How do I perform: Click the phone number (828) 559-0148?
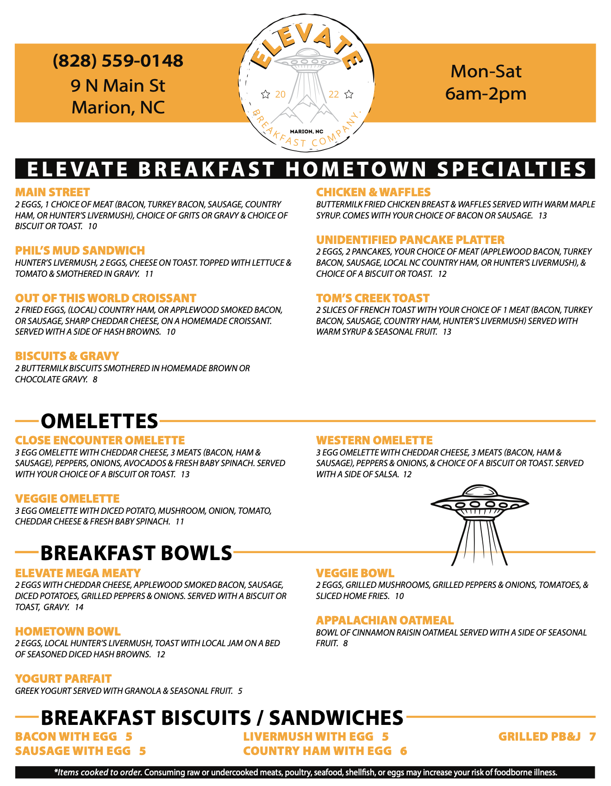tap(118, 61)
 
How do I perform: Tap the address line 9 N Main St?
tap(118, 86)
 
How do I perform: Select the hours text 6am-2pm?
tap(486, 94)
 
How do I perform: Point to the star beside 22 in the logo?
tap(349, 94)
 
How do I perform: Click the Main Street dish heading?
tap(52, 192)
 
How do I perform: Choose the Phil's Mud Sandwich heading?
tap(80, 250)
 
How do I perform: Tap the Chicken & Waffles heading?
tap(373, 192)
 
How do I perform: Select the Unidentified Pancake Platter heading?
tap(410, 240)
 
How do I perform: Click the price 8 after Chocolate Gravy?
tap(95, 380)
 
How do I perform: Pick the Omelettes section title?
tap(100, 421)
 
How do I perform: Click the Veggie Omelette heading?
tap(67, 499)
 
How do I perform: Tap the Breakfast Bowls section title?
tap(136, 553)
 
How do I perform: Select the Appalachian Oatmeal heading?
tap(385, 620)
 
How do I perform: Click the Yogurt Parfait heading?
tap(63, 679)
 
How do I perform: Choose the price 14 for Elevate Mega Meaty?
tap(79, 607)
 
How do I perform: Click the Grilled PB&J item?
tap(539, 736)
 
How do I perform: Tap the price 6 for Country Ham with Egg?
tap(404, 751)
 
